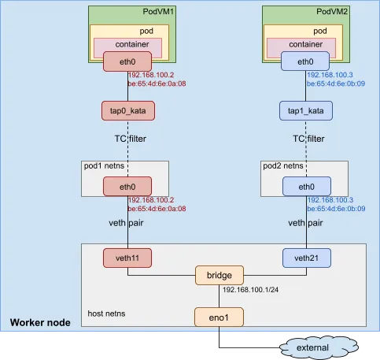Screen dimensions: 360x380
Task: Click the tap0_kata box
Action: click(127, 111)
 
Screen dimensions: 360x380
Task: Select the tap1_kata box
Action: click(305, 111)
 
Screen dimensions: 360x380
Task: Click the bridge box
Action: click(220, 276)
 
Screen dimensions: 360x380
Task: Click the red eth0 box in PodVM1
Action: click(127, 62)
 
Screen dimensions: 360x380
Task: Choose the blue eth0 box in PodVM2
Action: click(305, 62)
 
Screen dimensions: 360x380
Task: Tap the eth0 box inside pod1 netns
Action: click(127, 186)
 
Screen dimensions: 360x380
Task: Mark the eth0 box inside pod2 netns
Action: click(305, 186)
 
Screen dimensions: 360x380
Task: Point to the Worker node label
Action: click(39, 324)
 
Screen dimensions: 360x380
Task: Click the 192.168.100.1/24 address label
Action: click(251, 291)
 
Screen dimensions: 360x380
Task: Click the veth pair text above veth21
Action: click(305, 223)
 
